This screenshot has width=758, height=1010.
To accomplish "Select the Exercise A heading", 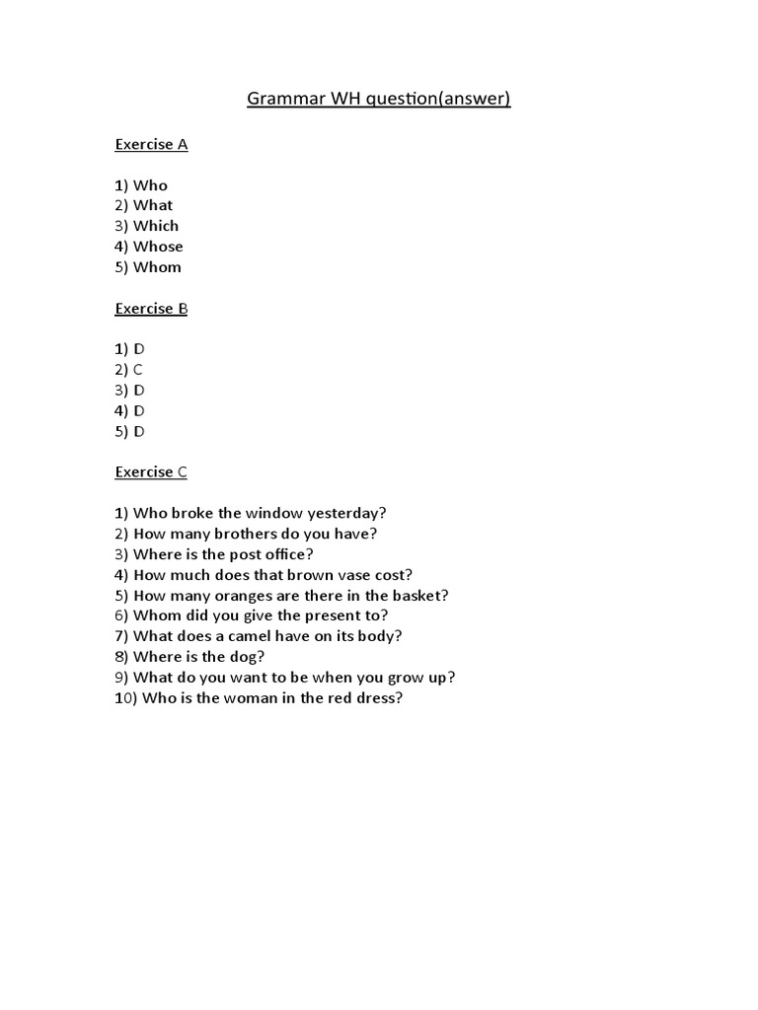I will coord(151,144).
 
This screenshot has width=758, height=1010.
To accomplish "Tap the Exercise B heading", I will coord(151,308).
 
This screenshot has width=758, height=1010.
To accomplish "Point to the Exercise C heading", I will coord(151,471).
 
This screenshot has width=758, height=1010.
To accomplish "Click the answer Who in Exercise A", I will coord(150,185).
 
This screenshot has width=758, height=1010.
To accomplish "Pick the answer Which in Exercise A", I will coord(156,226).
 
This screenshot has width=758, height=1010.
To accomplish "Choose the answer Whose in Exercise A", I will coord(158,247).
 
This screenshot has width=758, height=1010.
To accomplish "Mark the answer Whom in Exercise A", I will coord(157,267).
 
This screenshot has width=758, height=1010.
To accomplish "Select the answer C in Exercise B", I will coord(138,370).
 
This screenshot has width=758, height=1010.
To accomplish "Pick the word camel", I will coord(239,636).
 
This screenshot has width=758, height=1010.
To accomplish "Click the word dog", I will coord(251,657).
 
